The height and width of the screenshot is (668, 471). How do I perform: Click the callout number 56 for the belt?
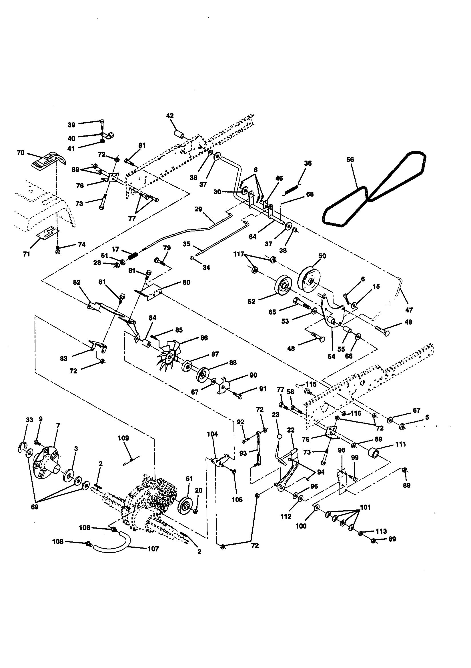[x=350, y=159]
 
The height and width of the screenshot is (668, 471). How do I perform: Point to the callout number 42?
[x=170, y=116]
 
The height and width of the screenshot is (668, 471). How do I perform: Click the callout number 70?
[x=21, y=153]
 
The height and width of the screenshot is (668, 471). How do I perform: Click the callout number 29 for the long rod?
[x=198, y=209]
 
